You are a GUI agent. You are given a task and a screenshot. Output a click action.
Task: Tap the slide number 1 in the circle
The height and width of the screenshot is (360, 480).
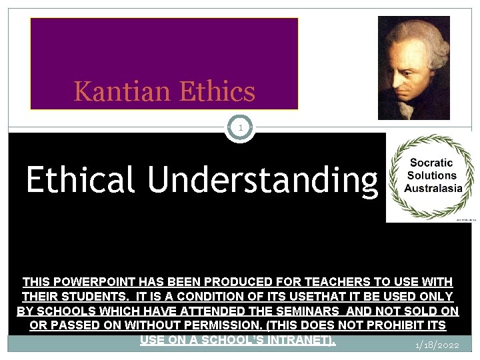[241, 127]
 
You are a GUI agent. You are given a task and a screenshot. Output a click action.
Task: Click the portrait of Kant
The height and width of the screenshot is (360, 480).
[413, 67]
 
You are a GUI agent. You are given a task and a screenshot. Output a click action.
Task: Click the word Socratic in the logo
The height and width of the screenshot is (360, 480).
[431, 163]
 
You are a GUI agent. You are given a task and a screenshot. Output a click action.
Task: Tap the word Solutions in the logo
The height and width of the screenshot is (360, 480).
[431, 175]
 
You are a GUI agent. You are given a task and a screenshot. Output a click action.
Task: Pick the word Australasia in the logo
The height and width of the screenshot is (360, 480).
[431, 188]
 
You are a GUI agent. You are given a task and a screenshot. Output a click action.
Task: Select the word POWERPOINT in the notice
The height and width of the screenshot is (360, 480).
[91, 282]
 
